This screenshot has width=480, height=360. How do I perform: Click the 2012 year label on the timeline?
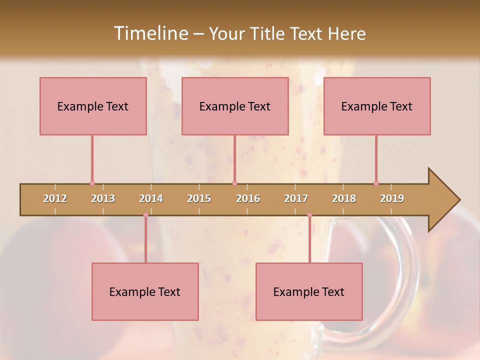pyautogui.click(x=55, y=198)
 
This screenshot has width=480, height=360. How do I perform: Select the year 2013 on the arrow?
pyautogui.click(x=103, y=198)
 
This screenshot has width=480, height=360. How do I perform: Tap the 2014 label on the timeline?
pyautogui.click(x=151, y=198)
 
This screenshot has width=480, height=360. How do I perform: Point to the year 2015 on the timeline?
pyautogui.click(x=199, y=198)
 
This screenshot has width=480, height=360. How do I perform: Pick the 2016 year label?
pyautogui.click(x=248, y=198)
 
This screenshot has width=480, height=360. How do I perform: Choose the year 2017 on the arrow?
pyautogui.click(x=296, y=198)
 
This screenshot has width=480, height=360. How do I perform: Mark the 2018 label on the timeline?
pyautogui.click(x=344, y=198)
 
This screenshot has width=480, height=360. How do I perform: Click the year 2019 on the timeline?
pyautogui.click(x=392, y=198)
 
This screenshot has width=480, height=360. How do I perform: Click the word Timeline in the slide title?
pyautogui.click(x=150, y=33)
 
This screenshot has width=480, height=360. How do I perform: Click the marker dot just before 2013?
pyautogui.click(x=92, y=183)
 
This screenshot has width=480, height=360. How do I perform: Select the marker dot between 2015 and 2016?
pyautogui.click(x=234, y=183)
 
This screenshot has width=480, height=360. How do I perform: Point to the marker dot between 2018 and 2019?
pyautogui.click(x=376, y=183)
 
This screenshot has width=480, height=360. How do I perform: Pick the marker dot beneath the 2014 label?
pyautogui.click(x=145, y=215)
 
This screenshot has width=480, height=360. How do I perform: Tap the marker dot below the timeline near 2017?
pyautogui.click(x=309, y=215)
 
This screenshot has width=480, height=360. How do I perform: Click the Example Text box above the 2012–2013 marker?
pyautogui.click(x=93, y=106)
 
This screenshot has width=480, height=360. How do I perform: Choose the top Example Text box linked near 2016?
pyautogui.click(x=235, y=106)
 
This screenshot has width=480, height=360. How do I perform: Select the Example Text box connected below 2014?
pyautogui.click(x=145, y=291)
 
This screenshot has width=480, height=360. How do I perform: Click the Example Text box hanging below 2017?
pyautogui.click(x=309, y=291)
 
